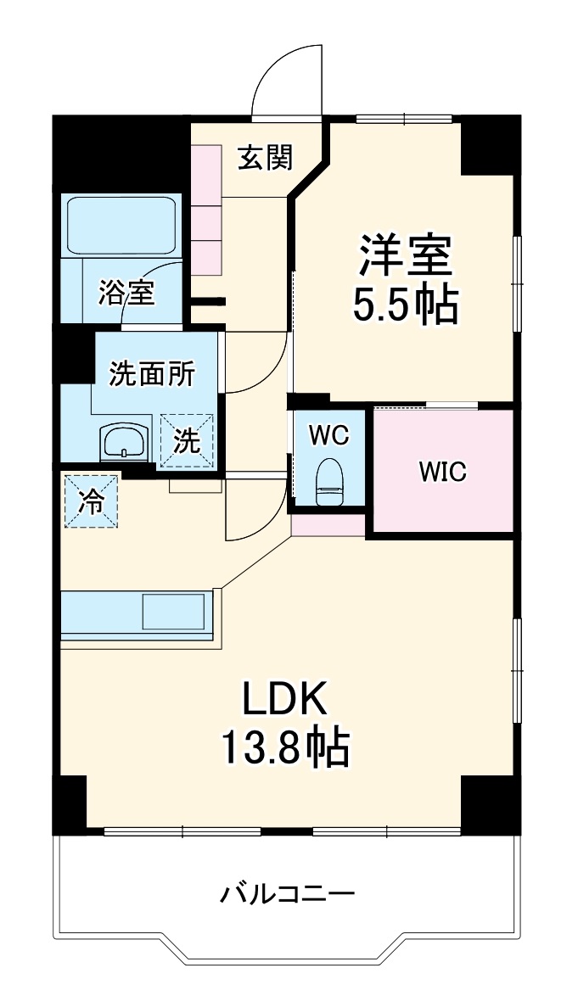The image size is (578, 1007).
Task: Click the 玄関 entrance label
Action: (x=265, y=158)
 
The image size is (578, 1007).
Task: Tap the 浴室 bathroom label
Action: (x=126, y=292)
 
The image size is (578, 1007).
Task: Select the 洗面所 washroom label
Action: (x=153, y=374)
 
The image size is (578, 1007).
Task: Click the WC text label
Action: (x=328, y=436)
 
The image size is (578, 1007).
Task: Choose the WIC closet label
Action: (x=442, y=473)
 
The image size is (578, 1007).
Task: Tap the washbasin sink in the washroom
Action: (x=123, y=442)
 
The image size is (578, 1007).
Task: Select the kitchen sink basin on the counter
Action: (x=174, y=611)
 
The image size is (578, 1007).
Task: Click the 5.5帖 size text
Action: (x=406, y=306)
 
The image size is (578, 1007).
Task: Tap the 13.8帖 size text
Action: (x=285, y=747)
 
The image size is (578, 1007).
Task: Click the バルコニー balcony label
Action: (x=288, y=893)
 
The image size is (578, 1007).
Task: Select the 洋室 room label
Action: (x=406, y=255)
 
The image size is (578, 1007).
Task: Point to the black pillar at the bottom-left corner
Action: (x=70, y=803)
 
